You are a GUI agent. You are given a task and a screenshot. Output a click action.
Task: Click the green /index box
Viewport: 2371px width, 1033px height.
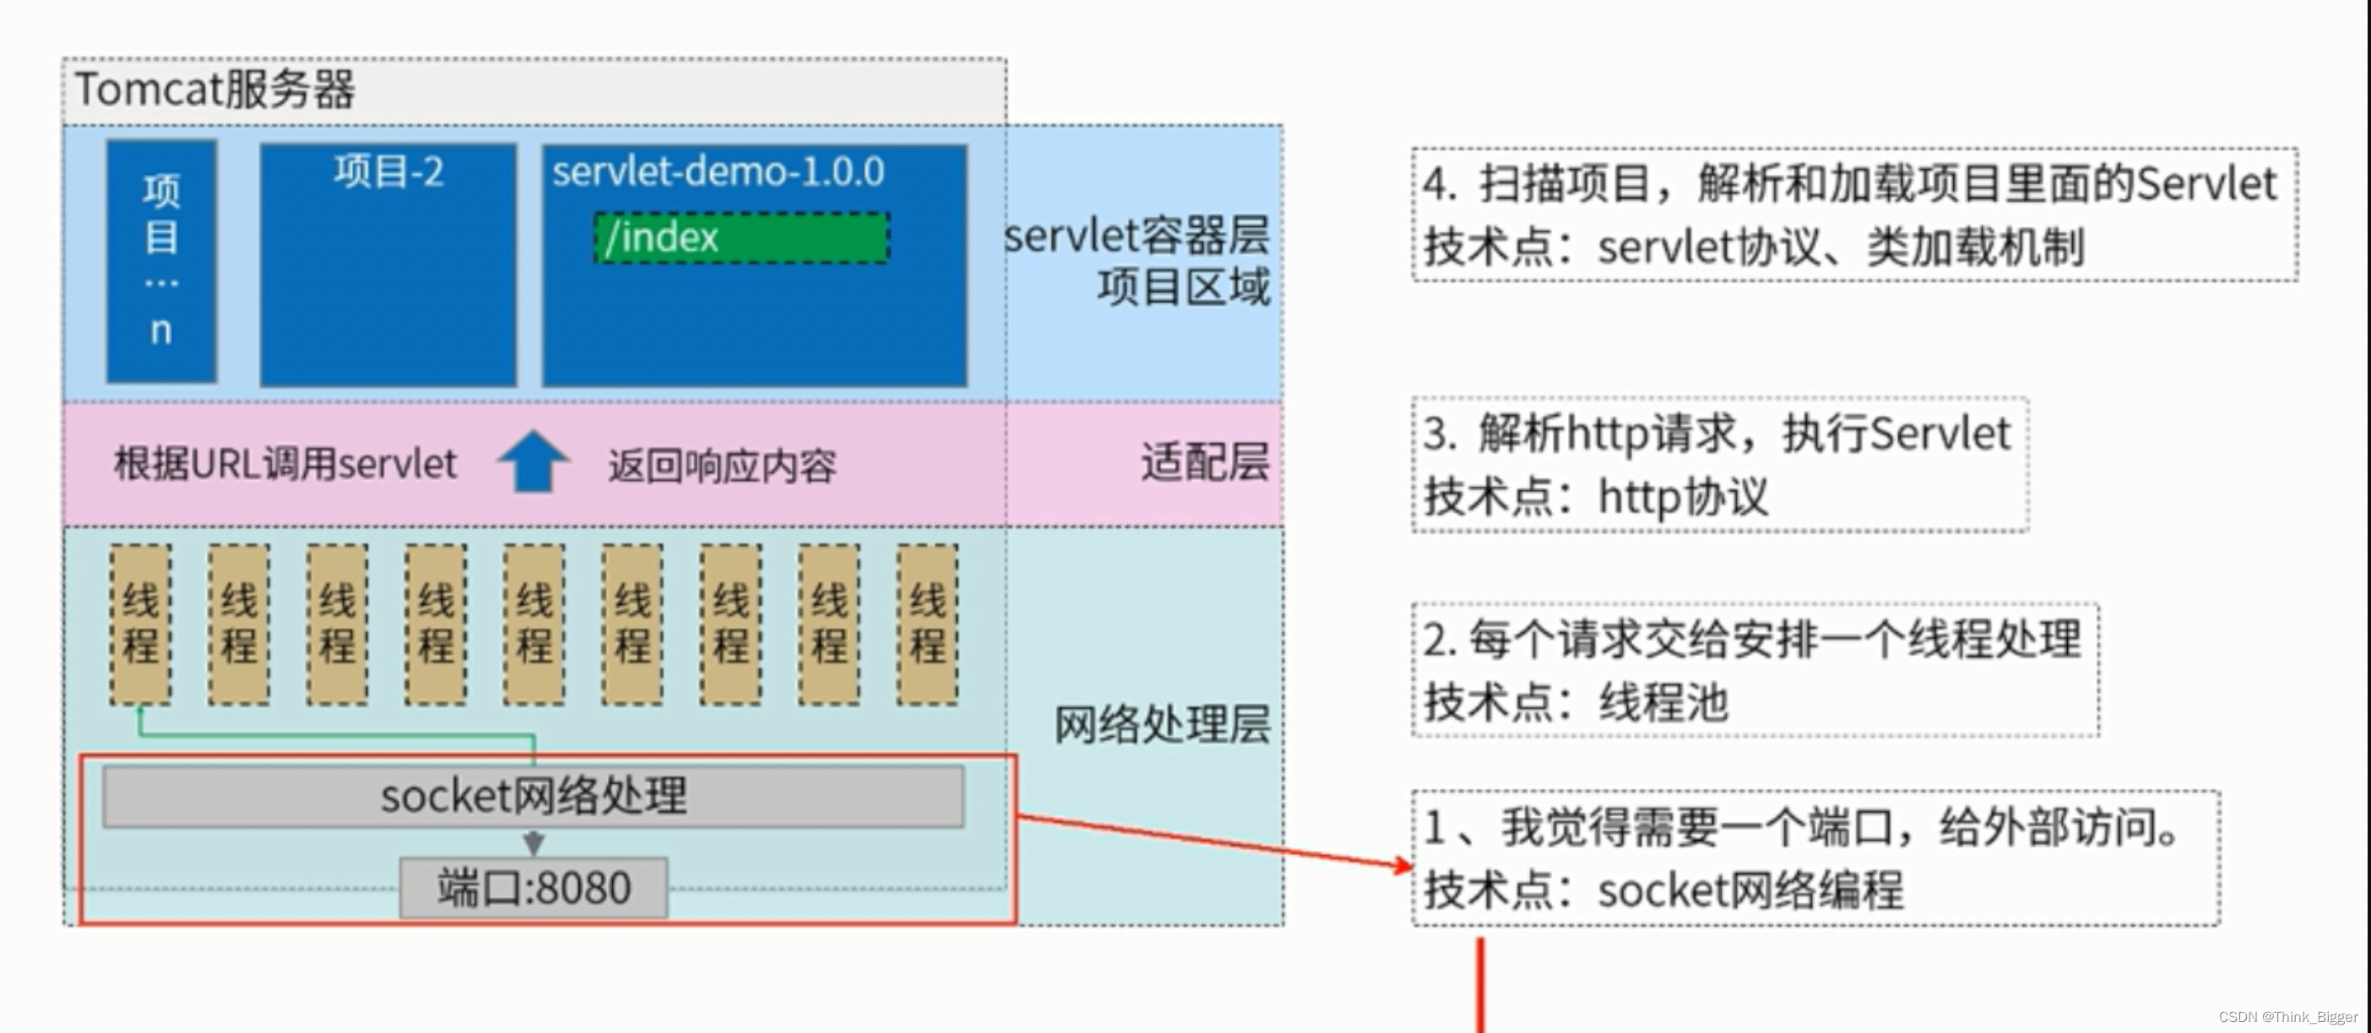pyautogui.click(x=742, y=238)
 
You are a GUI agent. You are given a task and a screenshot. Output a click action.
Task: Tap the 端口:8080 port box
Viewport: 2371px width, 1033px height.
pyautogui.click(x=534, y=888)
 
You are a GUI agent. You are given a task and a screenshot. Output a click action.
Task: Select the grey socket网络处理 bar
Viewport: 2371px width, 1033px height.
pyautogui.click(x=534, y=797)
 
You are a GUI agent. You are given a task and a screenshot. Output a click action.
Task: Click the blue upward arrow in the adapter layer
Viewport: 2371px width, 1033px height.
pyautogui.click(x=533, y=461)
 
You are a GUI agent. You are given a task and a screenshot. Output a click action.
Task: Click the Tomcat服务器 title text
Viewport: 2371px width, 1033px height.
pyautogui.click(x=214, y=90)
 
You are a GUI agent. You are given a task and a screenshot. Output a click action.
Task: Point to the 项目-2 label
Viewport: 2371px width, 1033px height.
pyautogui.click(x=388, y=172)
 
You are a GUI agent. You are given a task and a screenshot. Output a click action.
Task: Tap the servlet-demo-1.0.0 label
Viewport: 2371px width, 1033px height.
pyautogui.click(x=718, y=172)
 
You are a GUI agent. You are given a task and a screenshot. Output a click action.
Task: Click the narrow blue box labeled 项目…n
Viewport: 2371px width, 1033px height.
pyautogui.click(x=161, y=260)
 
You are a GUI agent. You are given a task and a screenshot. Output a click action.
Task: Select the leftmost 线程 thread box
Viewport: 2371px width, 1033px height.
pyautogui.click(x=141, y=625)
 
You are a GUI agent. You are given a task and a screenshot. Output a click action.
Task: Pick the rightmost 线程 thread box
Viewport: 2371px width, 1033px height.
pyautogui.click(x=927, y=625)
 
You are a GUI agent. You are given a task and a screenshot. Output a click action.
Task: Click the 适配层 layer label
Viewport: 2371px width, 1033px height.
pyautogui.click(x=1204, y=462)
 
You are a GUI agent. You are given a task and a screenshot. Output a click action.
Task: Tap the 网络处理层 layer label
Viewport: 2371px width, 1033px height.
pyautogui.click(x=1162, y=725)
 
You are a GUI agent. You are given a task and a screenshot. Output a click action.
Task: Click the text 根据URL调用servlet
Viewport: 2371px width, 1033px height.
pyautogui.click(x=285, y=463)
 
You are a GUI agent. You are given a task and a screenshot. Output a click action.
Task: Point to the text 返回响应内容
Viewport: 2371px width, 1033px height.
pyautogui.click(x=722, y=467)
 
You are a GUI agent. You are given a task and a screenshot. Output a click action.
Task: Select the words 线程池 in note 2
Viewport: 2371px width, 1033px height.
pyautogui.click(x=1664, y=703)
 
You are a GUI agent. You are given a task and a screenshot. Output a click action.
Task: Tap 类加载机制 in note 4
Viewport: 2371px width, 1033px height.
pyautogui.click(x=1975, y=246)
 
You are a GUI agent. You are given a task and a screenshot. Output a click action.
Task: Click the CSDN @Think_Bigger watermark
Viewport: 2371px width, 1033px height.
pyautogui.click(x=2288, y=1016)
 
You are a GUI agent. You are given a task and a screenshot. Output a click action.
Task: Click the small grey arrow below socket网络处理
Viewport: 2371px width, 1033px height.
pyautogui.click(x=534, y=841)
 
